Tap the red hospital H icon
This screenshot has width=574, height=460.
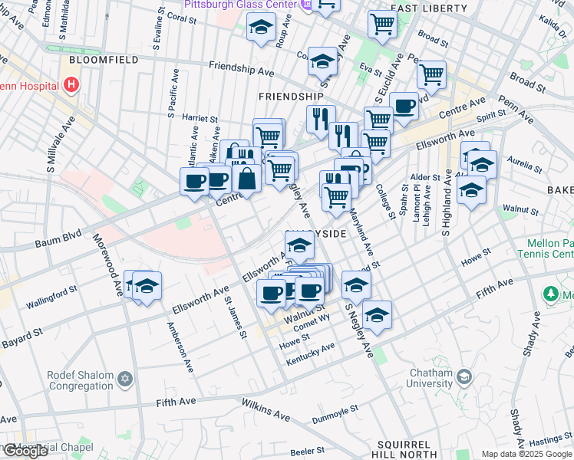[72, 84]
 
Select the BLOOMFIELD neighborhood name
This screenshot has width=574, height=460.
[103, 59]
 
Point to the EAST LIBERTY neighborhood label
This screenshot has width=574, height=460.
[428, 8]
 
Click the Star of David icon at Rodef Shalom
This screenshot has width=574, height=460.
[125, 379]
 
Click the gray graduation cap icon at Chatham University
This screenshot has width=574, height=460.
[464, 377]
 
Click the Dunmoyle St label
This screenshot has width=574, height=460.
[335, 415]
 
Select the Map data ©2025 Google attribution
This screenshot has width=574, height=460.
[526, 454]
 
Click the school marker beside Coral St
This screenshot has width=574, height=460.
[261, 28]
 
